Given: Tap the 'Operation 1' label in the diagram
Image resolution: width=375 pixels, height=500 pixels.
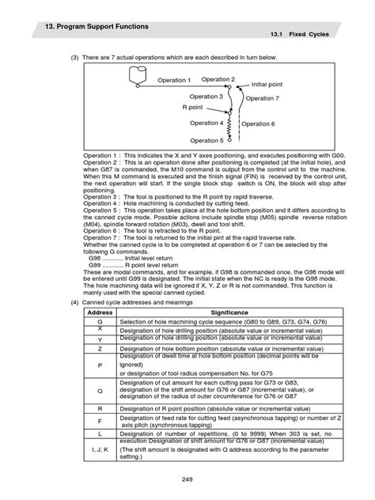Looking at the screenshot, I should pyautogui.click(x=174, y=81).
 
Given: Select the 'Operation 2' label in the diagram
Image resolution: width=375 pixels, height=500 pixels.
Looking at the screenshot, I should pyautogui.click(x=218, y=79).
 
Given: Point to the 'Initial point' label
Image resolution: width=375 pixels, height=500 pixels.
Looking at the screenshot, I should pyautogui.click(x=268, y=84).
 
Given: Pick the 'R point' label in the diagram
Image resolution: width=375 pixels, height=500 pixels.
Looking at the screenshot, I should pyautogui.click(x=192, y=106).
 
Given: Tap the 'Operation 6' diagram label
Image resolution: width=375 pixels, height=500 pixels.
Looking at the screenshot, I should pyautogui.click(x=258, y=124).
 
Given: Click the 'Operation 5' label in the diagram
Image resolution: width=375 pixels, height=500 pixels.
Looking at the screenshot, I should pyautogui.click(x=206, y=140).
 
